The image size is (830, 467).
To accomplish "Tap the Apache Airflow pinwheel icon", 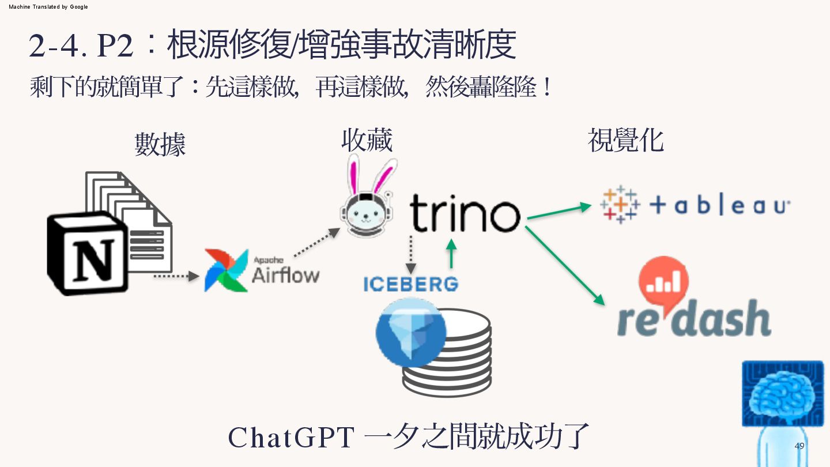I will click(x=226, y=270).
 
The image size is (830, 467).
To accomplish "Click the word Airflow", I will click(x=285, y=274).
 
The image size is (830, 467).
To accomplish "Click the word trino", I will click(x=465, y=213).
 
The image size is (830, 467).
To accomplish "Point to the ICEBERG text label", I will click(x=411, y=284).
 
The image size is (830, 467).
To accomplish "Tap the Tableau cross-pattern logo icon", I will click(x=620, y=204).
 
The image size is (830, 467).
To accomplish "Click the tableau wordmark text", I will click(x=719, y=206).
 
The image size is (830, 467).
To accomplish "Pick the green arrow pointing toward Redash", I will click(x=565, y=265).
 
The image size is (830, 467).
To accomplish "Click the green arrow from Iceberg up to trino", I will click(x=451, y=254).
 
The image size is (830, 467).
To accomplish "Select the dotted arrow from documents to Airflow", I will click(x=175, y=277).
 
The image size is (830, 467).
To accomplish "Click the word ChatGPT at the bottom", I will click(x=291, y=438).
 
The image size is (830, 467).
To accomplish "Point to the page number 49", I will click(x=799, y=446).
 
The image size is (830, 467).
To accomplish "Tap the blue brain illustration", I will click(x=782, y=393).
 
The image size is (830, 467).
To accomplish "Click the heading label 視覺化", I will click(x=625, y=140).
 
